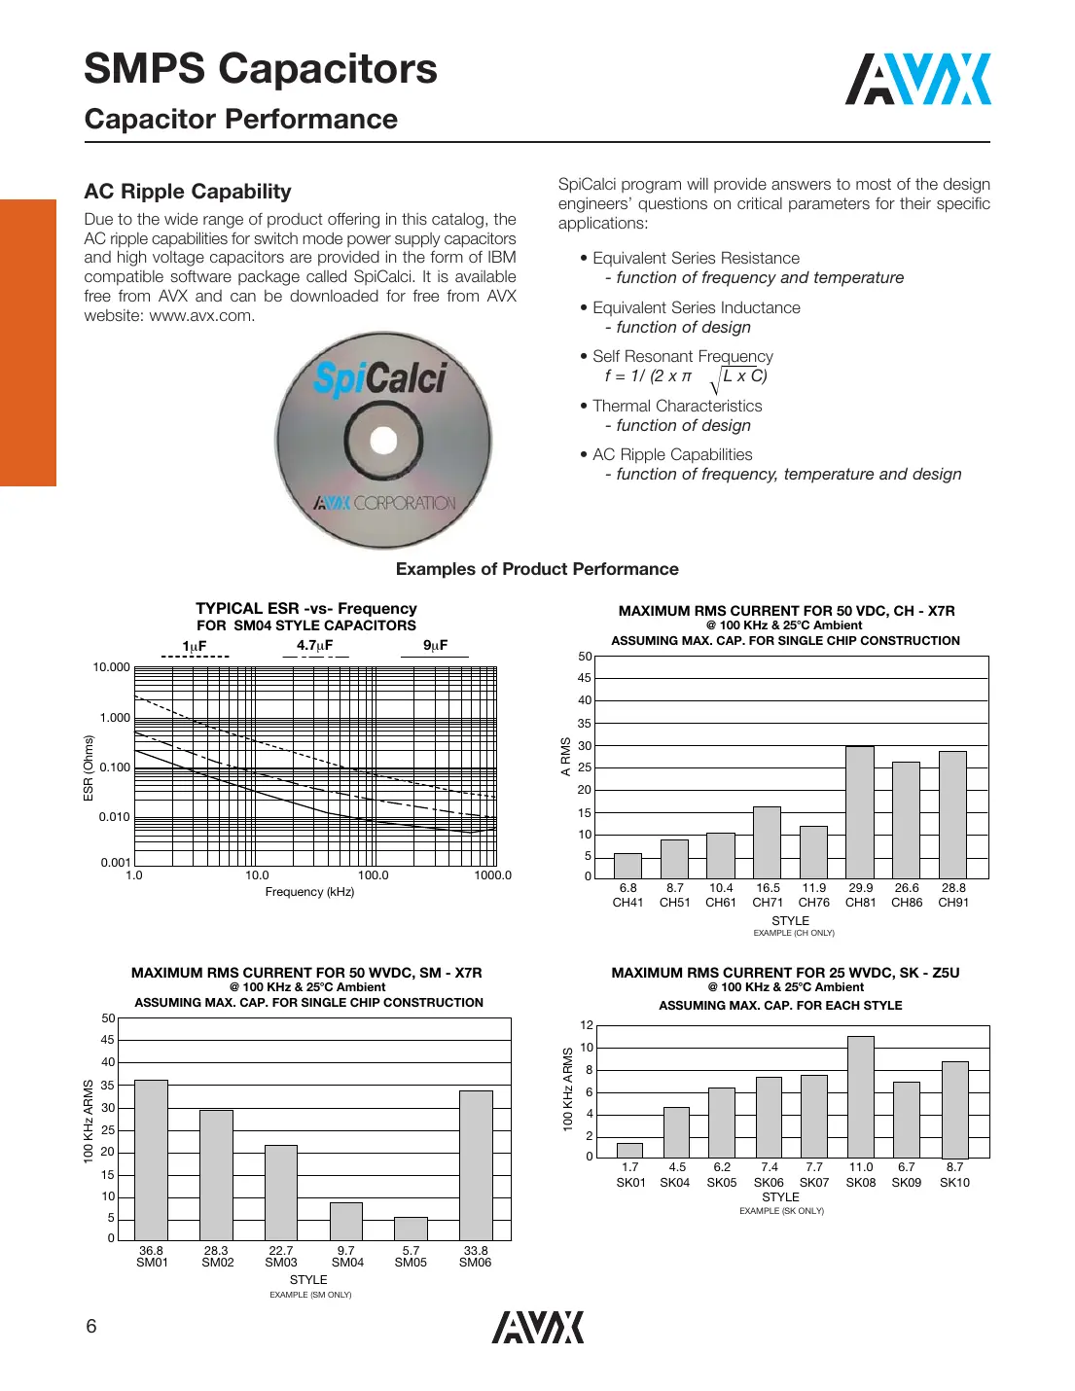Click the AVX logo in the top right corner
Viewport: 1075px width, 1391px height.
[x=917, y=80]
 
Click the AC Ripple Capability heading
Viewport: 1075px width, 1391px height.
[x=188, y=192]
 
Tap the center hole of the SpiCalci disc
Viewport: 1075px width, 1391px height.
[x=383, y=441]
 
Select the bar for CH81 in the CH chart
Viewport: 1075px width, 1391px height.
[x=860, y=812]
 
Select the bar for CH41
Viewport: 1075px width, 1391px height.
[x=627, y=866]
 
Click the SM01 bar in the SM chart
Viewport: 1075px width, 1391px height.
[x=151, y=1159]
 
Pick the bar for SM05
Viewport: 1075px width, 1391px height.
[x=411, y=1228]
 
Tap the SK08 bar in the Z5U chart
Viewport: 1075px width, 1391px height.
[x=861, y=1097]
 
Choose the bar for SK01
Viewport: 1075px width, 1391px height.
[x=630, y=1150]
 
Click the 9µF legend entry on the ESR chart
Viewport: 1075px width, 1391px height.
[x=435, y=646]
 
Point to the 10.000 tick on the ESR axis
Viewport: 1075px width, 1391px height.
[x=111, y=667]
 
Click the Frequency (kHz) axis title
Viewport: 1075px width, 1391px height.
[x=309, y=892]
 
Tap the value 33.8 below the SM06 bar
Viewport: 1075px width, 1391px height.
[x=476, y=1251]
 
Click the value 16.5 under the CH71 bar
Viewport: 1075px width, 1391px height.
[x=768, y=888]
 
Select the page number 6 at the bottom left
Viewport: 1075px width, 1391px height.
[x=91, y=1327]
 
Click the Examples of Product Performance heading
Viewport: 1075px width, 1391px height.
[x=537, y=569]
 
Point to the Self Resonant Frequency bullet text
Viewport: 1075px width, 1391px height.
[x=683, y=357]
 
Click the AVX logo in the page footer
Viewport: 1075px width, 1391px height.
[x=537, y=1328]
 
